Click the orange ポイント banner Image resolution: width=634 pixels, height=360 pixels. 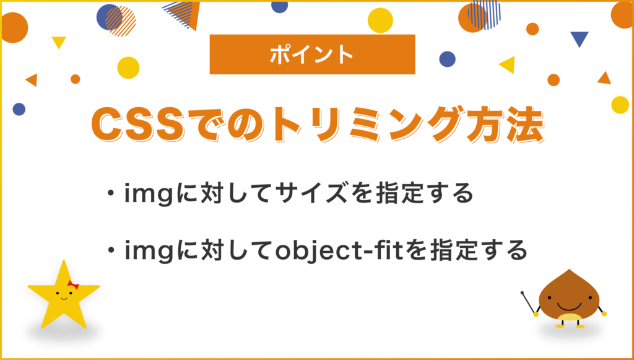(x=312, y=54)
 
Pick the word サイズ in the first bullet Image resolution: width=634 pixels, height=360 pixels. (x=315, y=195)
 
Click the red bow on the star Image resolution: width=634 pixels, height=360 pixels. (x=73, y=284)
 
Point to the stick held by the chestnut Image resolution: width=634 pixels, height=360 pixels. (x=529, y=302)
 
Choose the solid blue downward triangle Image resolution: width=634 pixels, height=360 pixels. (x=580, y=39)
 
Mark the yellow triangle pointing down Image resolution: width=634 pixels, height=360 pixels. (x=59, y=42)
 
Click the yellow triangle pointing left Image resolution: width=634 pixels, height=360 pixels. (x=508, y=64)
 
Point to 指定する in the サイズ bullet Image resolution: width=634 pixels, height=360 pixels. (x=424, y=195)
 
